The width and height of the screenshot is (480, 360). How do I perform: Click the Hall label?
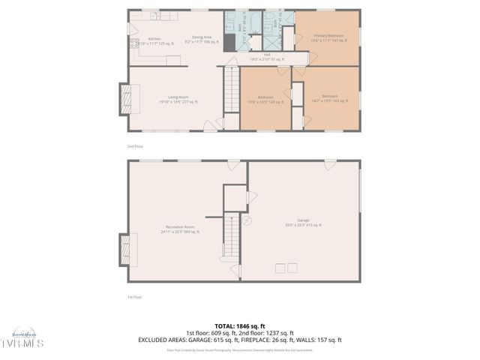266,55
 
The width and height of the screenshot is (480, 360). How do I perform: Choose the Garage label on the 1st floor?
303,223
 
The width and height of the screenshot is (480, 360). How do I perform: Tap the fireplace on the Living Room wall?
124,97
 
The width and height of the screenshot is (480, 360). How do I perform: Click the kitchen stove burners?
134,44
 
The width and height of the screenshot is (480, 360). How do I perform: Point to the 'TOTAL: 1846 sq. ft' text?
240,326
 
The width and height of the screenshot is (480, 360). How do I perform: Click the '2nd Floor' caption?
134,146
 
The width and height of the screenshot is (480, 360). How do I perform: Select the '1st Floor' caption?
134,297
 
